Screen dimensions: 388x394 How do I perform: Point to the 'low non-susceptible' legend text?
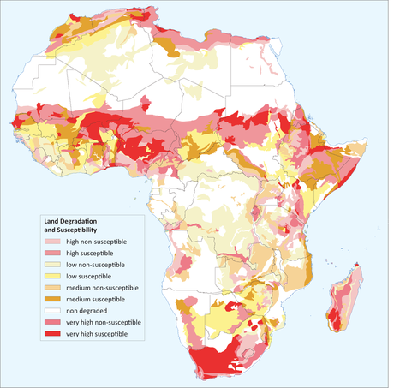(90, 266)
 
